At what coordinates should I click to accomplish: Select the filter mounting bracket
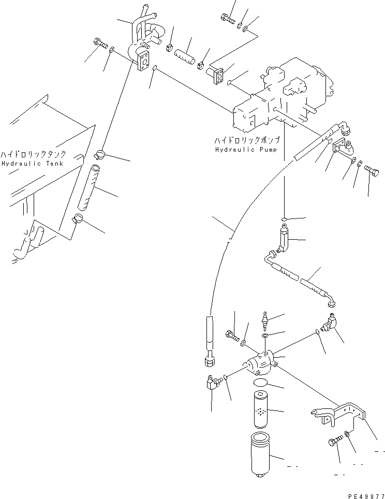coord(339,411)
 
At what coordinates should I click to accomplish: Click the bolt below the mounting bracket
coord(334,443)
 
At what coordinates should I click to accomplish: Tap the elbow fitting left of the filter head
coord(211,383)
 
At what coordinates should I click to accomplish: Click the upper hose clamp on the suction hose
coord(100,153)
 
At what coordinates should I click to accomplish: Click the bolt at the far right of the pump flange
coord(371,169)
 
